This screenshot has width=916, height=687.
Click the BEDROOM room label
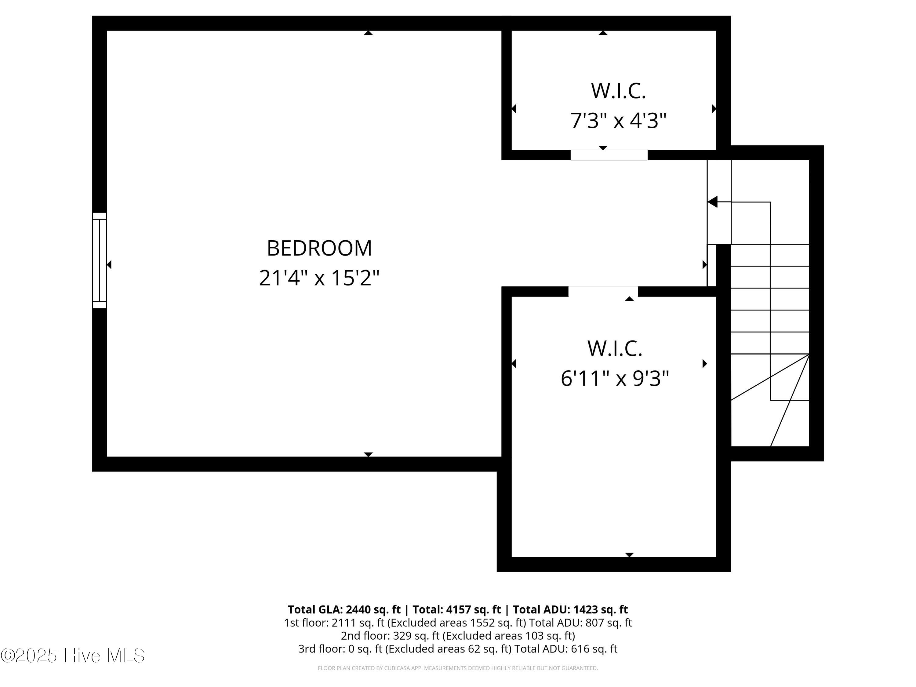[x=319, y=249]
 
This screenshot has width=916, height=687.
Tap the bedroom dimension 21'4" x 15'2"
[x=319, y=278]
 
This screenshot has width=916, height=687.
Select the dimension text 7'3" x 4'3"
[x=618, y=121]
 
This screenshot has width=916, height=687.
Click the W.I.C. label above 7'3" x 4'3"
[x=618, y=91]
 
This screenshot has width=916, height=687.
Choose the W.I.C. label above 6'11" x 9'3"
[x=615, y=349]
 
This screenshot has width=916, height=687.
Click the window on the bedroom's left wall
[x=99, y=260]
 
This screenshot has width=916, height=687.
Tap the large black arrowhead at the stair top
[x=712, y=202]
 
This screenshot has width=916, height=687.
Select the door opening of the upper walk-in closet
[x=609, y=155]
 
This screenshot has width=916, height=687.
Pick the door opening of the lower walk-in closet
[x=603, y=292]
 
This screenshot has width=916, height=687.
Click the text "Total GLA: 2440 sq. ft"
[x=344, y=609]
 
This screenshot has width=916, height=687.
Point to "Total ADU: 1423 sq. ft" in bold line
[x=570, y=609]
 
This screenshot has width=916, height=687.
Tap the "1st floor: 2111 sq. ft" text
[x=334, y=623]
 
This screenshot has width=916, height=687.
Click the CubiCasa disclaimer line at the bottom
[x=458, y=668]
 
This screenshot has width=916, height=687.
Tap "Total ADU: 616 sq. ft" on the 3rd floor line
[x=566, y=649]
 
